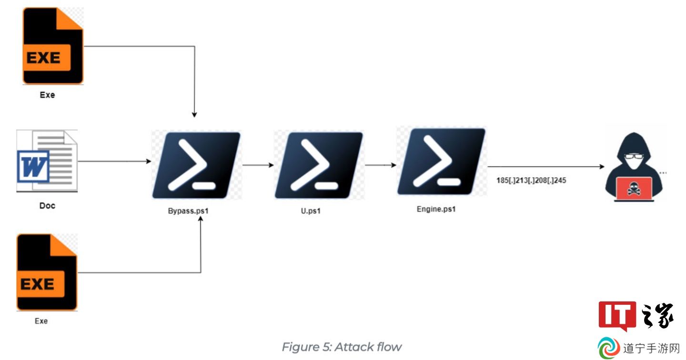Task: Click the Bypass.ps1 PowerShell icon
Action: click(196, 165)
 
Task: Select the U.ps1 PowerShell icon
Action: click(319, 165)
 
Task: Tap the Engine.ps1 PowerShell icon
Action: click(441, 161)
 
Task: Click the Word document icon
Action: click(47, 161)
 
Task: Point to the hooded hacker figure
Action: click(634, 167)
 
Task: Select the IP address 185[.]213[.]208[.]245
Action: click(531, 180)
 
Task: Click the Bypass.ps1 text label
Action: click(188, 211)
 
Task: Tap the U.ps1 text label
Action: click(311, 211)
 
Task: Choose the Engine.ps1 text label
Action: click(436, 209)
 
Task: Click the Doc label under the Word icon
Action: click(47, 205)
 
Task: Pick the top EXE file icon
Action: click(53, 46)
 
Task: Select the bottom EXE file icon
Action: click(47, 272)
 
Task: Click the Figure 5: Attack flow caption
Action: click(342, 347)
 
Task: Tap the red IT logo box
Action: click(617, 315)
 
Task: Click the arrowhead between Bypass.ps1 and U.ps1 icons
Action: click(272, 165)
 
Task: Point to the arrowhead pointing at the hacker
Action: click(602, 167)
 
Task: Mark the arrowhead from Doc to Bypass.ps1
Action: click(149, 161)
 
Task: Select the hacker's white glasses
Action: click(634, 156)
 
